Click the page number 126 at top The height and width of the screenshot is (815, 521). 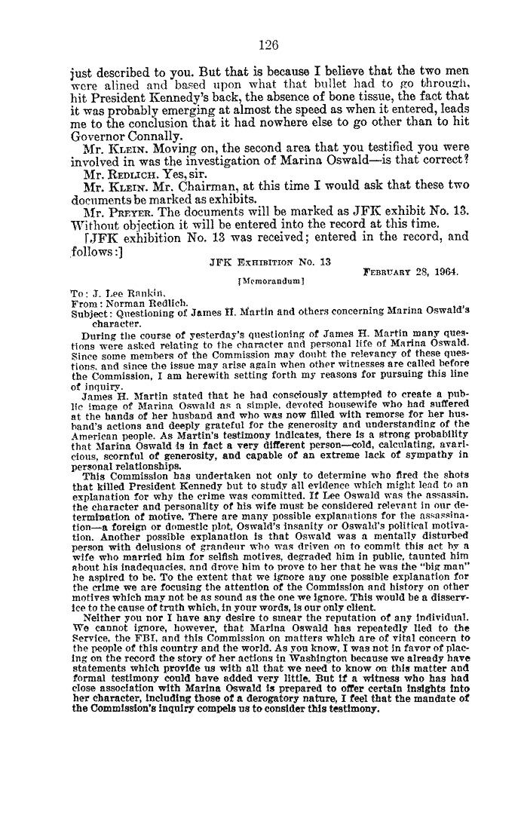(x=268, y=44)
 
